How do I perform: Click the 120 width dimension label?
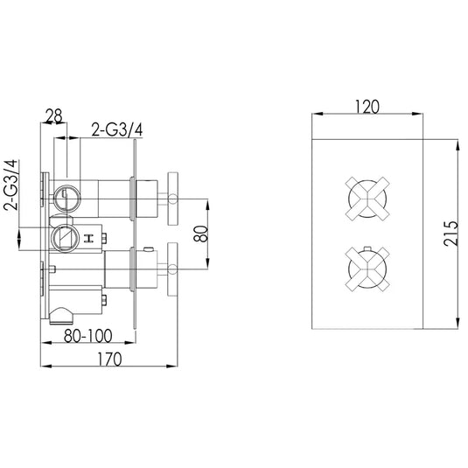[x=367, y=107]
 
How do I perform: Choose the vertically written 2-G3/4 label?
[x=11, y=185]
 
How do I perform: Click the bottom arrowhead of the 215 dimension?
[x=456, y=327]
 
